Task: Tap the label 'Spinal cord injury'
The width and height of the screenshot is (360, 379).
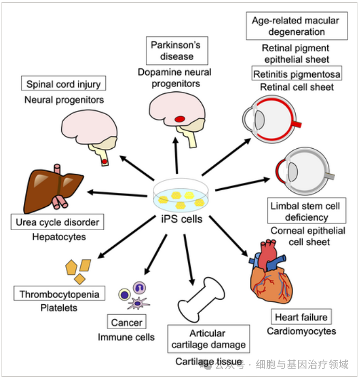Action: (x=64, y=83)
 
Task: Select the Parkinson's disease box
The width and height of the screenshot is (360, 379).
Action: (x=176, y=51)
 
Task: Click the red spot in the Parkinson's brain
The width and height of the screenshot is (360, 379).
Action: (x=180, y=119)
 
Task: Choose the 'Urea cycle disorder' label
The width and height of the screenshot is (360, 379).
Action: (x=57, y=223)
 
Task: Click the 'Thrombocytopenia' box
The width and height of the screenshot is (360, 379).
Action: (x=59, y=294)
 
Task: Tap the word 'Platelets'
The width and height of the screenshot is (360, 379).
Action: (x=59, y=308)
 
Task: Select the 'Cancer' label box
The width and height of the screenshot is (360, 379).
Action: (x=127, y=322)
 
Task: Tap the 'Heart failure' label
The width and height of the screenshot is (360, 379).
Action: (x=301, y=317)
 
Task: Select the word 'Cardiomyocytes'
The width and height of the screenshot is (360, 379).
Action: (x=301, y=331)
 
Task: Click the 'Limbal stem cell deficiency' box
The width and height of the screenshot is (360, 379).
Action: (x=306, y=212)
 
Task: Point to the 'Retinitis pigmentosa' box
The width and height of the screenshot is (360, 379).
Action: (x=297, y=74)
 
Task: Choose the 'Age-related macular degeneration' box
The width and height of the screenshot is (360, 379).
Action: (x=296, y=26)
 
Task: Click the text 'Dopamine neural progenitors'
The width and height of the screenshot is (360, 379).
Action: (x=176, y=77)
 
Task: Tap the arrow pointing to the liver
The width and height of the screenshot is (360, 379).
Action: (x=117, y=193)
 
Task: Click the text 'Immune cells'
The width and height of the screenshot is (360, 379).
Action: (x=126, y=338)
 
